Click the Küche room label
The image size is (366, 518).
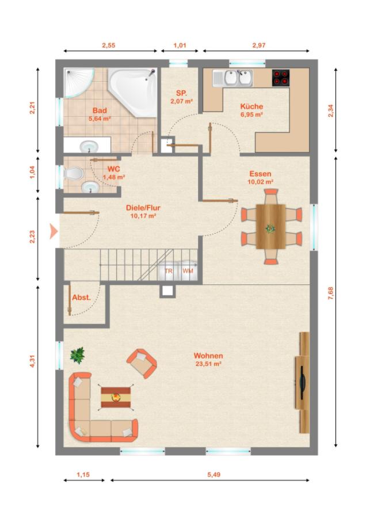pos(251,106)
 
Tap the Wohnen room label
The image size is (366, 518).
pos(208,356)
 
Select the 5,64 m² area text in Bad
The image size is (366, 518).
pos(100,119)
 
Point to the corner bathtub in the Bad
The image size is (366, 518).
pos(134,91)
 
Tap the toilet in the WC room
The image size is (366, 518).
pos(73,173)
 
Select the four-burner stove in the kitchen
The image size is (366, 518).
pos(281,78)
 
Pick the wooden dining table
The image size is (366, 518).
pos(270,226)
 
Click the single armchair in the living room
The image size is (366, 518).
pos(142,363)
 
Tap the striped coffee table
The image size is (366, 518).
pos(116,397)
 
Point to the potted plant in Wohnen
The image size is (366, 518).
pos(78,355)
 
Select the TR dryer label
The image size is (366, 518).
pos(169,271)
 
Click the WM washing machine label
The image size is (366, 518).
pos(188,271)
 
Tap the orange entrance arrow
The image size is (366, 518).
pos(54,231)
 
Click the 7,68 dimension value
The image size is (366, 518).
pos(330,294)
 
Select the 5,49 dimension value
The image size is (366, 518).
pos(213,475)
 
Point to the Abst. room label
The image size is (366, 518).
pos(81,298)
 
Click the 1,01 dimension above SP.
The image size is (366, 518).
pos(180,45)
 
